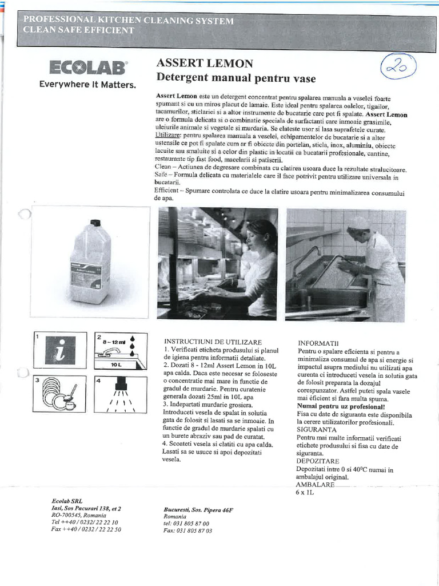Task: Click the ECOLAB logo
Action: [87, 68]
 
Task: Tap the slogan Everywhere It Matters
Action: [87, 85]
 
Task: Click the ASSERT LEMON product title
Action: [204, 63]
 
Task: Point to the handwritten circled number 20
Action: [398, 68]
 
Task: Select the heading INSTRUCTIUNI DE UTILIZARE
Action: [213, 341]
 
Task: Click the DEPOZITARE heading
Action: [318, 461]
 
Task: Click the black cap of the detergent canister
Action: [95, 223]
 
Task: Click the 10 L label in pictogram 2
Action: [117, 364]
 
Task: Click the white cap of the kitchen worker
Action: [359, 223]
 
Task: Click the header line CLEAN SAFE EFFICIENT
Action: [79, 30]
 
